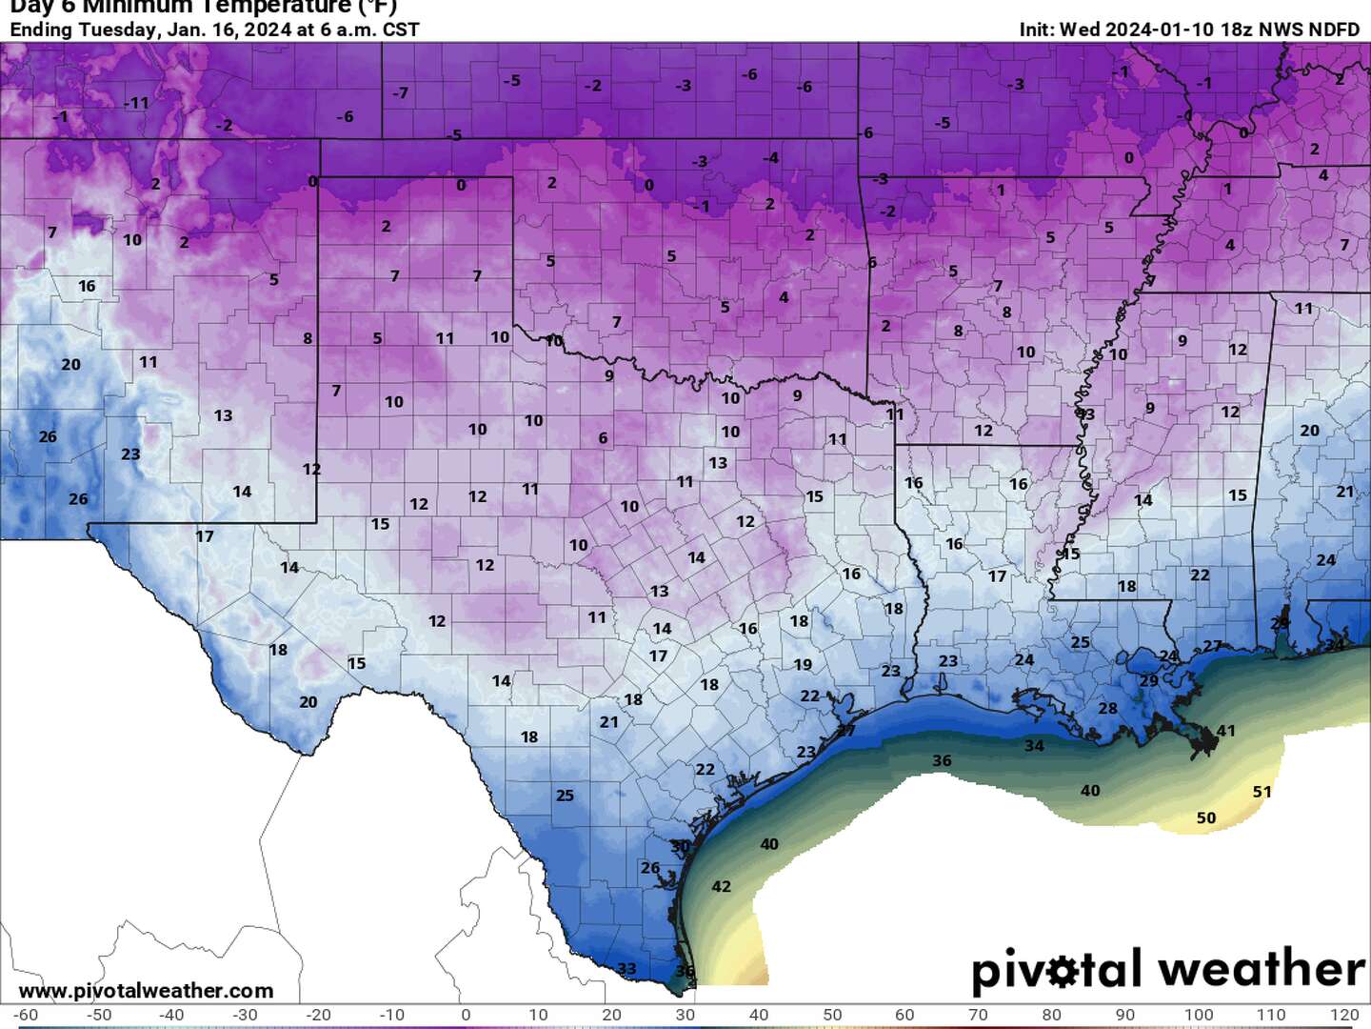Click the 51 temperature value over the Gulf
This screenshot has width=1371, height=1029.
click(x=1262, y=792)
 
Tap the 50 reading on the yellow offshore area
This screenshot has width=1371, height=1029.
click(x=1205, y=818)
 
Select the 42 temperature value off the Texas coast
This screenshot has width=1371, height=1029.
click(x=722, y=887)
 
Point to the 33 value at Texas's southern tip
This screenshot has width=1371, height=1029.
click(x=626, y=969)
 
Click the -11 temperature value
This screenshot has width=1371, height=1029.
click(x=137, y=103)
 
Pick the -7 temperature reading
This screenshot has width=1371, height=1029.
click(x=400, y=93)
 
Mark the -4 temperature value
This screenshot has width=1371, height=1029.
click(x=770, y=158)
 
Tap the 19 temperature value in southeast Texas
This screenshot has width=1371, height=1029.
click(x=803, y=665)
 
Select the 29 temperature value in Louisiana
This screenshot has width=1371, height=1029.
click(x=1149, y=680)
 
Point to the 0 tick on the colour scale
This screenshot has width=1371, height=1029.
click(x=465, y=1015)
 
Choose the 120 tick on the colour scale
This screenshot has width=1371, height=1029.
click(x=1344, y=1015)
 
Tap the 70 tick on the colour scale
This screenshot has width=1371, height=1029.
click(x=978, y=1015)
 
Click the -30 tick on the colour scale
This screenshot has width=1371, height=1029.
click(x=245, y=1015)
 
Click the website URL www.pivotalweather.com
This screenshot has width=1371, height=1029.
click(x=146, y=991)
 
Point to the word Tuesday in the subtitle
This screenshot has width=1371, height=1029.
click(x=119, y=30)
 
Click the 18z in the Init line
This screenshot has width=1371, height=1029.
click(x=1236, y=30)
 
